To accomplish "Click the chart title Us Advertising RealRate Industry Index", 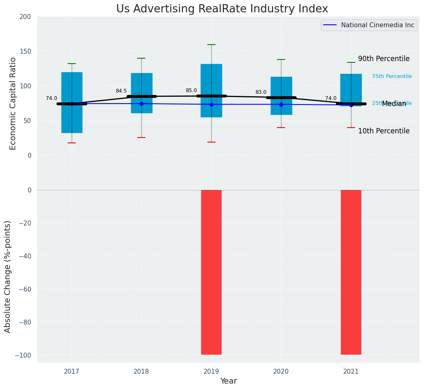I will pyautogui.click(x=222, y=9).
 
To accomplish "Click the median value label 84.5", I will pyautogui.click(x=121, y=91).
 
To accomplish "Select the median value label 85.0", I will pyautogui.click(x=191, y=90).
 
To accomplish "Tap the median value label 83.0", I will pyautogui.click(x=261, y=92).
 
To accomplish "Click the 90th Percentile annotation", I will pyautogui.click(x=384, y=59).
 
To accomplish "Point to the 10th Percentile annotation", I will pyautogui.click(x=384, y=131).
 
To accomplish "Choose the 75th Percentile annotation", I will pyautogui.click(x=392, y=76).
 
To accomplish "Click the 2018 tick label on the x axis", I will pyautogui.click(x=141, y=372).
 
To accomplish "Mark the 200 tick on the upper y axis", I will pyautogui.click(x=25, y=17).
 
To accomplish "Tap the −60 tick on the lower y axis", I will pyautogui.click(x=23, y=289).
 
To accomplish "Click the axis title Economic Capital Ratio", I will pyautogui.click(x=13, y=103).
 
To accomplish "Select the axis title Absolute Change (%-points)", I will pyautogui.click(x=8, y=276).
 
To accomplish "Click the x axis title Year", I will pyautogui.click(x=228, y=381).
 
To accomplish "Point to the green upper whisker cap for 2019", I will pyautogui.click(x=211, y=45).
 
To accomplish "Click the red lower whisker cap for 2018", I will pyautogui.click(x=141, y=138).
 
